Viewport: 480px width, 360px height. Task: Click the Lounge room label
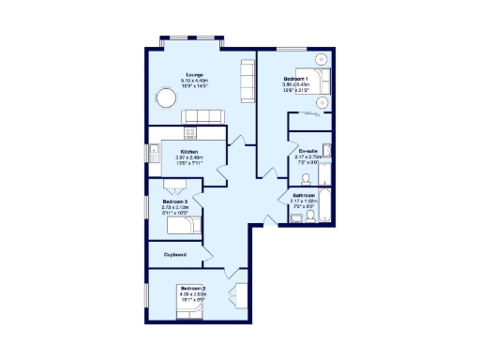[194, 75]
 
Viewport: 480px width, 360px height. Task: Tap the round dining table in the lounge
[167, 97]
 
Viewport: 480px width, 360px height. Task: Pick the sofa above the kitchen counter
[202, 116]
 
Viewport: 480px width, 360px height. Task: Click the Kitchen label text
[189, 151]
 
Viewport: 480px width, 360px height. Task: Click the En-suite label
[308, 151]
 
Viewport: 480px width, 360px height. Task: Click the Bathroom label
[305, 195]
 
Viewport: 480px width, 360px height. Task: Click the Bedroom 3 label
[175, 202]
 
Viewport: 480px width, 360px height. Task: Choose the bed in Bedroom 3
[187, 225]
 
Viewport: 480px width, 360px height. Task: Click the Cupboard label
[175, 254]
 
